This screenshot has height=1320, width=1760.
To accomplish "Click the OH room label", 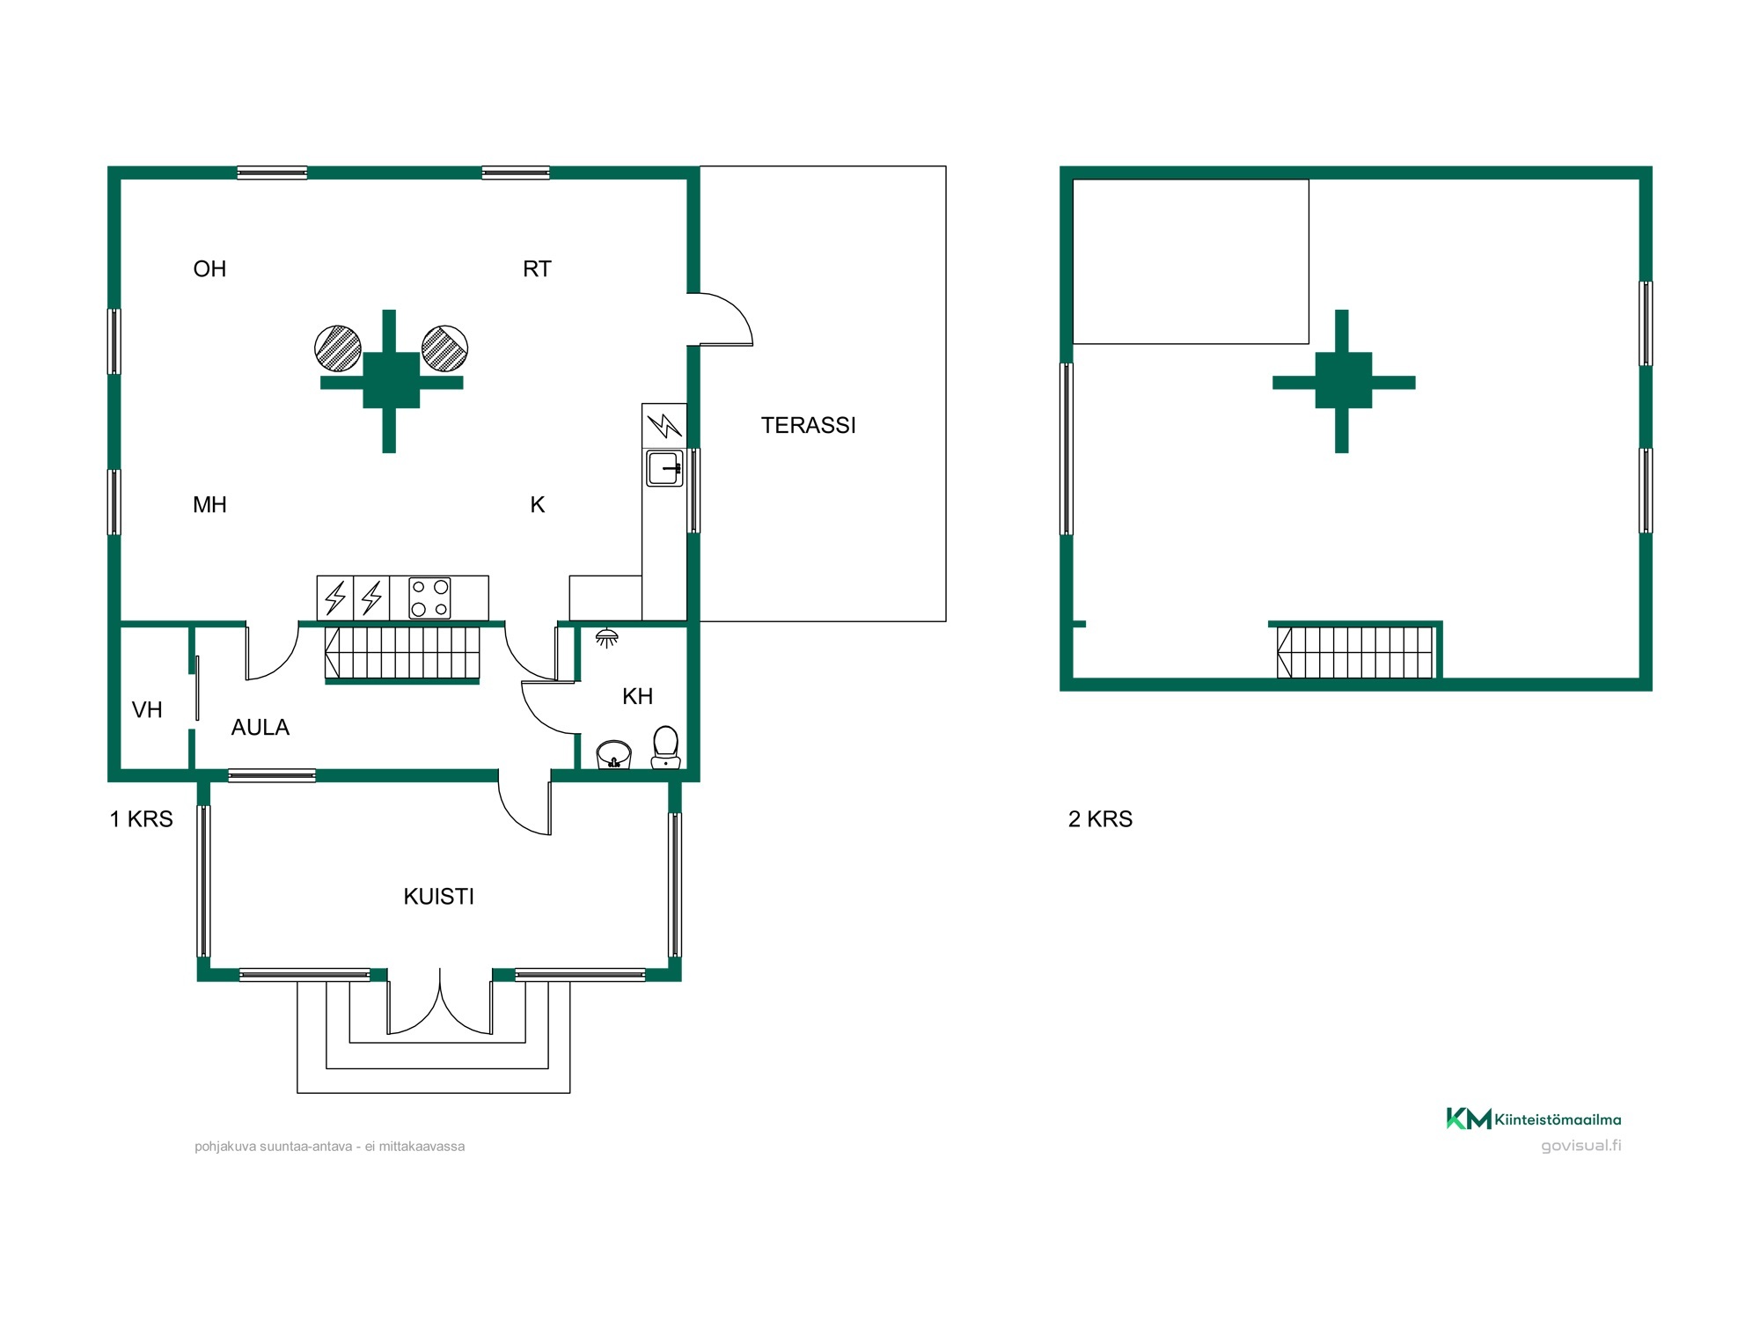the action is pos(209,268).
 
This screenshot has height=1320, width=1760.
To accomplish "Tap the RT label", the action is pos(537,268).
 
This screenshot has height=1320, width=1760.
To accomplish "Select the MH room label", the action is pos(209,504).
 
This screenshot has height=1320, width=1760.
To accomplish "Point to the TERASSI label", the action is pos(808,425).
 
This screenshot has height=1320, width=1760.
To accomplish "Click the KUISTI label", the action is pos(438,896).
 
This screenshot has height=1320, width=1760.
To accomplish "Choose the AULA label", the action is pos(260,727).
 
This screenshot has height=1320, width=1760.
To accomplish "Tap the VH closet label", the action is pos(147,709).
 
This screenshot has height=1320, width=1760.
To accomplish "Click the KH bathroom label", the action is pos(637,696).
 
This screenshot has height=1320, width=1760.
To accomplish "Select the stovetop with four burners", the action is pos(429,598).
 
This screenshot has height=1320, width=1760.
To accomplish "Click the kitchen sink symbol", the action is pos(664,468).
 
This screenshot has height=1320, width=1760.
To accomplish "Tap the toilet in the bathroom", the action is pos(666,747).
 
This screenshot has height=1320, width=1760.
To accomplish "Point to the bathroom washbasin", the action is pos(613,754).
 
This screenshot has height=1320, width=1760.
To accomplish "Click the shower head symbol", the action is pos(606,637).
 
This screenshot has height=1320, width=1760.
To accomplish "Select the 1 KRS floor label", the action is pos(141,818).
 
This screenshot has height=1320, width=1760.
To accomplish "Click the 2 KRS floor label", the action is pos(1100,818).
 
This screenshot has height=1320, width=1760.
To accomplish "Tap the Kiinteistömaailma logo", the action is pos(1533,1118).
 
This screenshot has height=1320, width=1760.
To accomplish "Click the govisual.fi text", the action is pos(1580,1145).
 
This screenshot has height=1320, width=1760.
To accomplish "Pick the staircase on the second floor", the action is pos(1355,652).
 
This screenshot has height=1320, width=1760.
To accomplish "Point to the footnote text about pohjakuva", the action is pos(329,1146).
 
